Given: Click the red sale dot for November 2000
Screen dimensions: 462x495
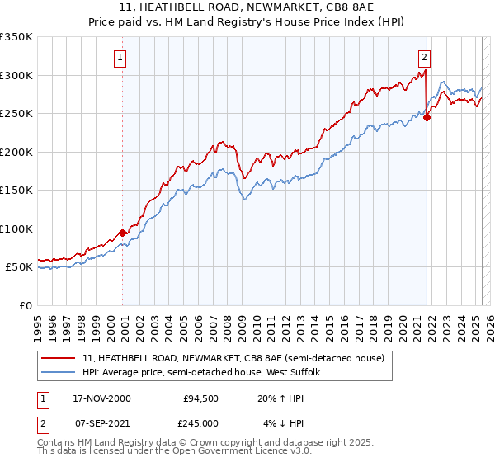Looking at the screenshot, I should pyautogui.click(x=123, y=233).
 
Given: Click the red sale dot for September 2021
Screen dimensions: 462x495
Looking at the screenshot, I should pyautogui.click(x=427, y=118).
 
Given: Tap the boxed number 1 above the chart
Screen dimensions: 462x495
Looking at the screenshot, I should pyautogui.click(x=120, y=58).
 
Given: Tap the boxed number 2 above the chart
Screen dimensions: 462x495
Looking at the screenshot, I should pyautogui.click(x=424, y=58).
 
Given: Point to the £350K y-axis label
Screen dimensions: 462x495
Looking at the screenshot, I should pyautogui.click(x=16, y=37).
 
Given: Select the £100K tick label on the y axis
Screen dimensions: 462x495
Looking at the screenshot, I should pyautogui.click(x=16, y=229).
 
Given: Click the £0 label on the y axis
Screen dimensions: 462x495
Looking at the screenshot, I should pyautogui.click(x=25, y=305).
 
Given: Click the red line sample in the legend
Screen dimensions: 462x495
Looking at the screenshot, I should pyautogui.click(x=59, y=359).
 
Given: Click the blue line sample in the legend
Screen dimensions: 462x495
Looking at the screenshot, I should pyautogui.click(x=59, y=374).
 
